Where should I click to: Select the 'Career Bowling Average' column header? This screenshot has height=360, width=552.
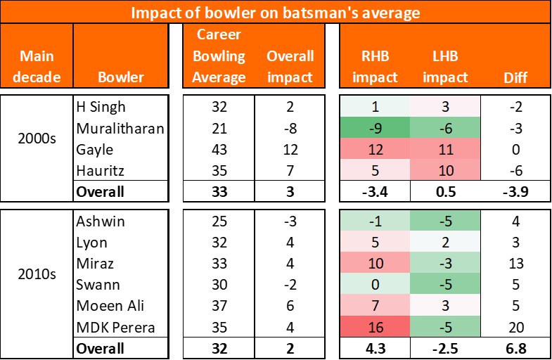pyautogui.click(x=219, y=56)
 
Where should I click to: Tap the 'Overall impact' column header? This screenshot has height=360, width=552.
pyautogui.click(x=290, y=66)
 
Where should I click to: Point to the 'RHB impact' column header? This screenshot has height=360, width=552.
pyautogui.click(x=375, y=66)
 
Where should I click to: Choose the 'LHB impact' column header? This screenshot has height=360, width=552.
pyautogui.click(x=445, y=66)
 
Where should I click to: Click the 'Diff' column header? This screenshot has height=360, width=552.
pyautogui.click(x=516, y=77)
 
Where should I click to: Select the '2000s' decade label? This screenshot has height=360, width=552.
pyautogui.click(x=37, y=139)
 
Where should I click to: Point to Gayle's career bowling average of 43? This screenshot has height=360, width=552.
pyautogui.click(x=219, y=149)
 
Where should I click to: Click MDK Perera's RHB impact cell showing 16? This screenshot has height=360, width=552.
pyautogui.click(x=375, y=327)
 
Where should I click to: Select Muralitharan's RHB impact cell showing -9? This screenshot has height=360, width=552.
pyautogui.click(x=375, y=128)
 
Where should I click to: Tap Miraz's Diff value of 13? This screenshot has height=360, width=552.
pyautogui.click(x=516, y=264)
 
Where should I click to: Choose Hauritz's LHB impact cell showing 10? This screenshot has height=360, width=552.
pyautogui.click(x=445, y=170)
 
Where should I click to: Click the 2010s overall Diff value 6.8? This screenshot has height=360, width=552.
pyautogui.click(x=516, y=348)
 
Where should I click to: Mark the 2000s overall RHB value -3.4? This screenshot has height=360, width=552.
pyautogui.click(x=375, y=191)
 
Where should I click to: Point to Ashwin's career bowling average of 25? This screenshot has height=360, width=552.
pyautogui.click(x=219, y=221)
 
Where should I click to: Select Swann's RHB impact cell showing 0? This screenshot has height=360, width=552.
pyautogui.click(x=375, y=285)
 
